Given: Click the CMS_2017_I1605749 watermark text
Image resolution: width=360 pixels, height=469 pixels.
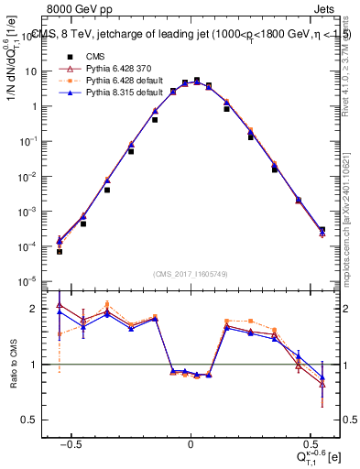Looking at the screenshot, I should point(190,274).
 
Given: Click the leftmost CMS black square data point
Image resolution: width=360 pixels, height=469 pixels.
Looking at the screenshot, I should point(59,251).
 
